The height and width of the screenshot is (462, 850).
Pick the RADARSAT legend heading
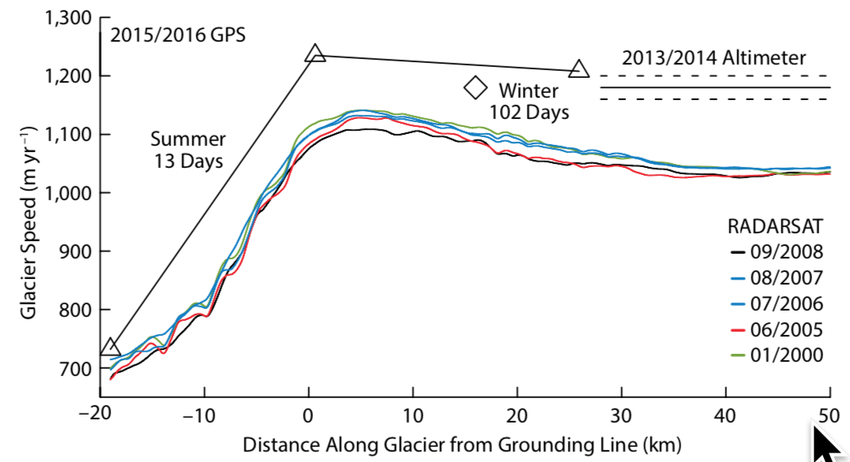(x=775, y=227)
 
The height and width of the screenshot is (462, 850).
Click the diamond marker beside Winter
(x=475, y=88)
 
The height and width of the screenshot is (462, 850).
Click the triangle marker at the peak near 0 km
(x=315, y=54)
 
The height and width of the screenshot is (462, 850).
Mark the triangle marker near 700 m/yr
(x=110, y=347)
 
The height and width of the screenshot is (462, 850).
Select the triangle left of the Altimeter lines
(x=579, y=69)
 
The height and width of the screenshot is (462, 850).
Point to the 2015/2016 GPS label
(x=177, y=35)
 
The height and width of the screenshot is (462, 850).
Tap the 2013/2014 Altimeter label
(x=714, y=58)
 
